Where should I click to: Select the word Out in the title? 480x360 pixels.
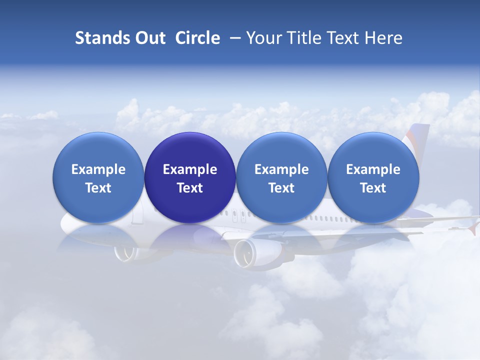pyautogui.click(x=148, y=38)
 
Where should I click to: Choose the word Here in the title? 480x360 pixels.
pyautogui.click(x=384, y=38)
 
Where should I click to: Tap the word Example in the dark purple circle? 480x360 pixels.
pyautogui.click(x=190, y=169)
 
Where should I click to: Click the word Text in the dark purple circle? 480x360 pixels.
pyautogui.click(x=190, y=188)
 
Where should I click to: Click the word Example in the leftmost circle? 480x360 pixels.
pyautogui.click(x=98, y=169)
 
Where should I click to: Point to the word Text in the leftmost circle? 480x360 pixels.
pyautogui.click(x=98, y=188)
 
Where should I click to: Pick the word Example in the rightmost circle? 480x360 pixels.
pyautogui.click(x=373, y=169)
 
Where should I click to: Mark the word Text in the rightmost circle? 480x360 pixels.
pyautogui.click(x=373, y=188)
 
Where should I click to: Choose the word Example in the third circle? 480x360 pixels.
pyautogui.click(x=281, y=169)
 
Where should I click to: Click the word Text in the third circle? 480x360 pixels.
pyautogui.click(x=281, y=188)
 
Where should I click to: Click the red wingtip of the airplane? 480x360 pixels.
pyautogui.click(x=473, y=229)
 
